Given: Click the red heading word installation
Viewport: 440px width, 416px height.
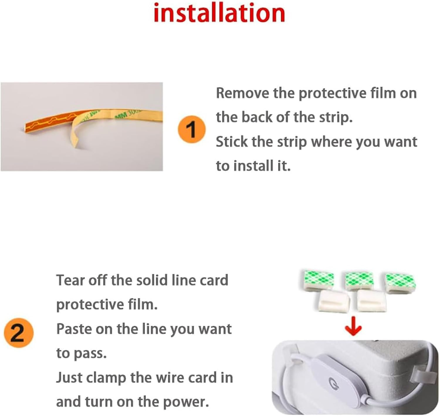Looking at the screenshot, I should click(x=219, y=13).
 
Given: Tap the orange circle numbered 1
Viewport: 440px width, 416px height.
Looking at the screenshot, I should click(x=192, y=130).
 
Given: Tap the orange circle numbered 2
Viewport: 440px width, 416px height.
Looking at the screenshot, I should click(x=18, y=333).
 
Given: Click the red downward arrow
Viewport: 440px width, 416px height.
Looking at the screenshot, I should click(x=353, y=326).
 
